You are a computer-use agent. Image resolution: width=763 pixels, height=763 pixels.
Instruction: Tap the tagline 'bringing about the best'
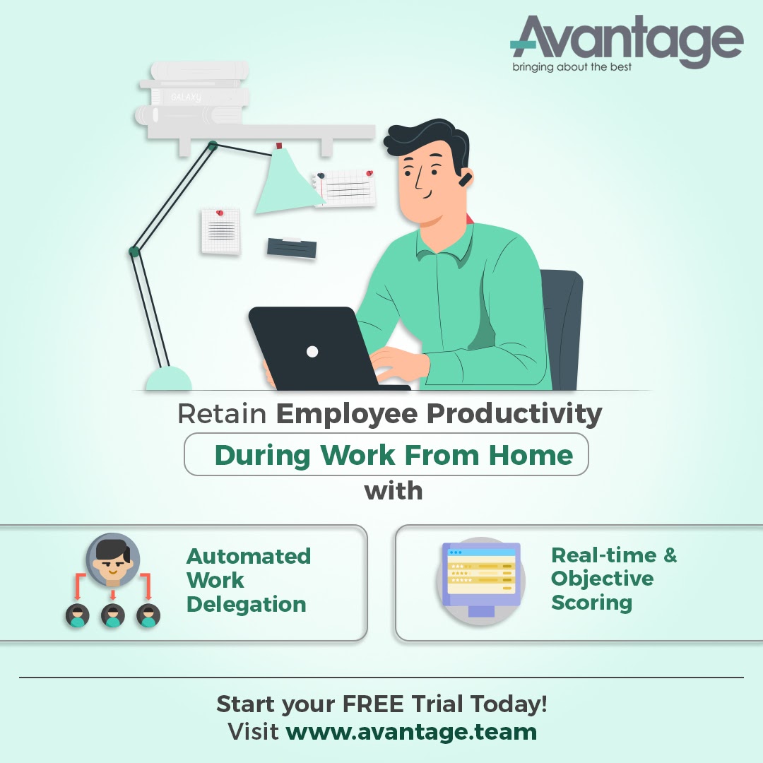click(x=572, y=68)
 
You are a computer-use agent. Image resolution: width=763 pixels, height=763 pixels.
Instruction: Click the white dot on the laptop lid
click(x=312, y=351)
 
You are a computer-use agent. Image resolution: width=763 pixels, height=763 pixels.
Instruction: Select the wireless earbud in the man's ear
click(x=463, y=180)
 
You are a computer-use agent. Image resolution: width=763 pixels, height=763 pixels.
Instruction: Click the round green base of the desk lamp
click(x=168, y=379)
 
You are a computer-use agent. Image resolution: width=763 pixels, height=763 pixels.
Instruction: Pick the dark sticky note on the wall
click(x=291, y=248)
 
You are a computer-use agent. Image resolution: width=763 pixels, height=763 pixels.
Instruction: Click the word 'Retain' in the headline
click(x=221, y=414)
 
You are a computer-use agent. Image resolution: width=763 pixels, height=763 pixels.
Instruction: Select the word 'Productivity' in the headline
click(x=516, y=414)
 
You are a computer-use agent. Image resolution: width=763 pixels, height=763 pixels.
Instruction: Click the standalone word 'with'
click(x=394, y=490)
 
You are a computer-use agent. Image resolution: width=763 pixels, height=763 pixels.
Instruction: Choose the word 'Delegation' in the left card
click(x=246, y=605)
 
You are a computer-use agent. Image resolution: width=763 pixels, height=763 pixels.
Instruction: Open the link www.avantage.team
click(x=411, y=731)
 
